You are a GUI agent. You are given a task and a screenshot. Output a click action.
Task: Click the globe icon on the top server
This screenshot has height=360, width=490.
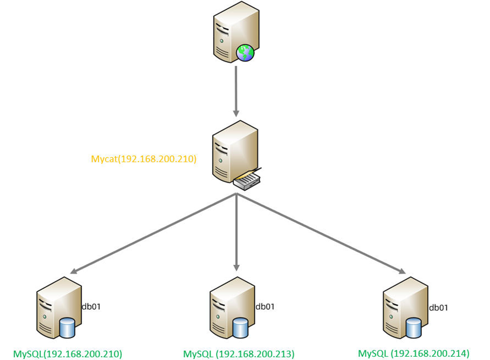(x=245, y=53)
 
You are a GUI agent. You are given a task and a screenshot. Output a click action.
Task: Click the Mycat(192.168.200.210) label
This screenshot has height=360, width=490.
(x=144, y=158)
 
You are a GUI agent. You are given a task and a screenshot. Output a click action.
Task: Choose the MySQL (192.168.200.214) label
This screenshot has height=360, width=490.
(x=413, y=353)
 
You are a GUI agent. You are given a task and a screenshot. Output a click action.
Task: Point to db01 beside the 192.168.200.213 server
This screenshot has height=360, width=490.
(x=265, y=306)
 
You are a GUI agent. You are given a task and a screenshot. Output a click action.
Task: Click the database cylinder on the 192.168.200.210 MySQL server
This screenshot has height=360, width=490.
(x=67, y=328)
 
